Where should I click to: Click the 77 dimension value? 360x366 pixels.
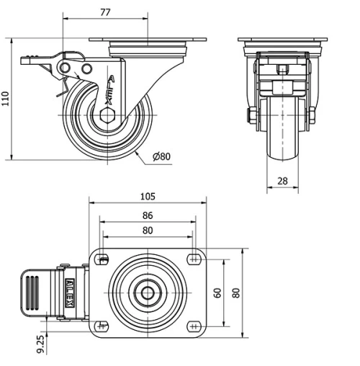point(105,12)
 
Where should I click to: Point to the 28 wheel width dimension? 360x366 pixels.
point(283,180)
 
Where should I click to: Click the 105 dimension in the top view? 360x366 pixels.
point(148,196)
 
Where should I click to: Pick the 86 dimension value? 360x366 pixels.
point(148,215)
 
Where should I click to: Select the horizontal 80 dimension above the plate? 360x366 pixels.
point(148,231)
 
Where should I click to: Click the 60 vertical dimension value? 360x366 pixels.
point(217,293)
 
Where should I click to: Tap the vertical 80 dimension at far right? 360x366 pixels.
point(235,293)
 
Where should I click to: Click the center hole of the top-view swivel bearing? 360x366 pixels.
point(148,293)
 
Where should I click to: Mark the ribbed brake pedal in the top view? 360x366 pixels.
point(33,293)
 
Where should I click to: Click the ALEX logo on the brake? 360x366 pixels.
point(70,293)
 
